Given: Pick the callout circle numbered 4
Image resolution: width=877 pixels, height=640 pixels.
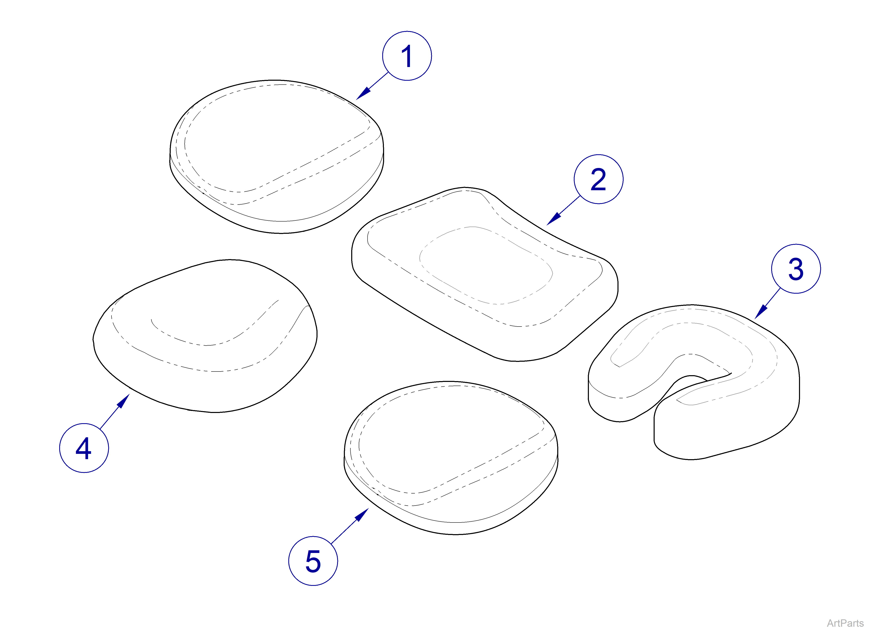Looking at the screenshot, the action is (x=84, y=448).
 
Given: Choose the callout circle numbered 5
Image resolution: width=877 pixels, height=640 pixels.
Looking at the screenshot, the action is (x=313, y=561).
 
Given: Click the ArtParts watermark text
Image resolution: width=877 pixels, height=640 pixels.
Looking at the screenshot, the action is (x=845, y=623).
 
